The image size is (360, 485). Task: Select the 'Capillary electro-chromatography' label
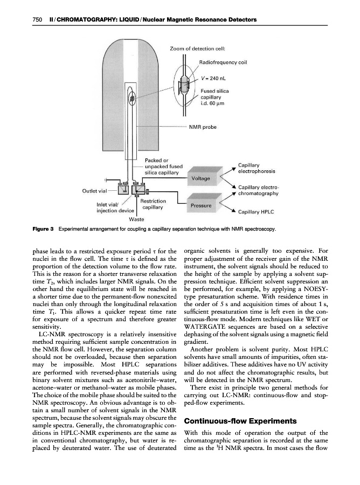(x=258, y=190)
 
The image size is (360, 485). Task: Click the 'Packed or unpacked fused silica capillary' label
(x=164, y=167)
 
